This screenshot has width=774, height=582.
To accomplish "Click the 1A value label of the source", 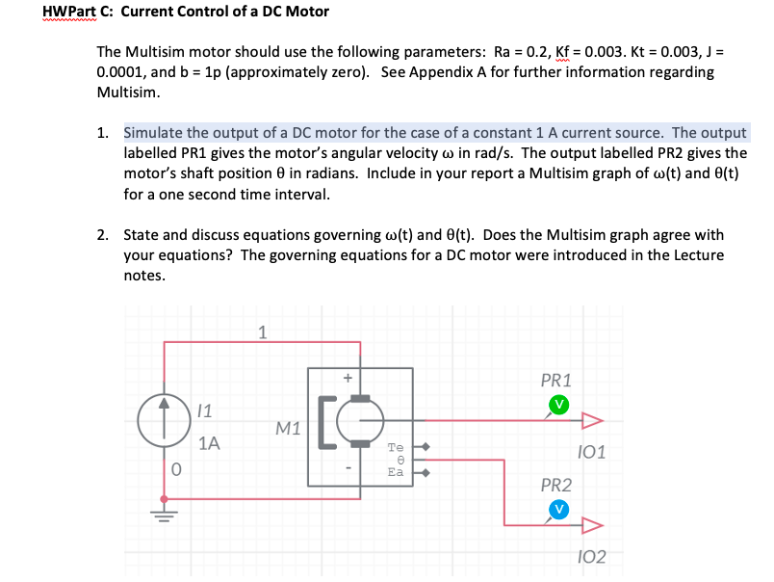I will coord(209,444).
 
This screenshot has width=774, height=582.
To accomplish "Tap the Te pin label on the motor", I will coord(395,448).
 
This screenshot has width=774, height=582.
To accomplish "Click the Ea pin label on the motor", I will coord(395,472).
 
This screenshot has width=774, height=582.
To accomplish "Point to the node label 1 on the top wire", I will coord(262,332).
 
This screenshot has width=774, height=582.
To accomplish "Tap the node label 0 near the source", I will coord(176,470).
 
